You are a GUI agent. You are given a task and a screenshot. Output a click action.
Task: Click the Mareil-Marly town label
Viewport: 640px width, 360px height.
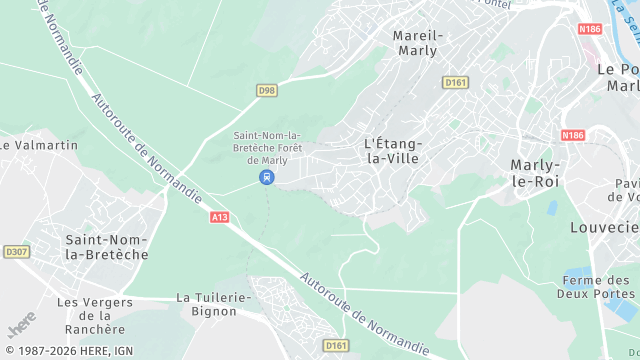click(x=418, y=42)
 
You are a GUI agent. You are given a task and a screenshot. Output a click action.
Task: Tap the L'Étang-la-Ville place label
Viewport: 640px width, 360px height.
click(x=394, y=150)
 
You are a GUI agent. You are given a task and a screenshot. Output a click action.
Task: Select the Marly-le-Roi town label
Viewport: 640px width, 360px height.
click(x=535, y=173)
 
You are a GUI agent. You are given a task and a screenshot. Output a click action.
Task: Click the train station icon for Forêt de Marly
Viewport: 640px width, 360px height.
click(x=266, y=177)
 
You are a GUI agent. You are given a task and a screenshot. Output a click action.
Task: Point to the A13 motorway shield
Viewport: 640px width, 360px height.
click(x=220, y=216)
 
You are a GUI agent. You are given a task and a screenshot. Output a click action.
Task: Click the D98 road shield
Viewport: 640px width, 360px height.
click(x=266, y=91)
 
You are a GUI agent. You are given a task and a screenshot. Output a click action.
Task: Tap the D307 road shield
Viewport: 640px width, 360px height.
click(x=16, y=252)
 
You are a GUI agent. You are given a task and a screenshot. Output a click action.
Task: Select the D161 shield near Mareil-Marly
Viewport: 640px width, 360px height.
click(x=455, y=82)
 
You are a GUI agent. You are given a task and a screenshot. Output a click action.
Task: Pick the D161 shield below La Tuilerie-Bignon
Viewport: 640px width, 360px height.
click(x=337, y=345)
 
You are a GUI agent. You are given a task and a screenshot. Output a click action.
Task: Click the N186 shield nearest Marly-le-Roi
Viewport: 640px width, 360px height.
click(x=572, y=135)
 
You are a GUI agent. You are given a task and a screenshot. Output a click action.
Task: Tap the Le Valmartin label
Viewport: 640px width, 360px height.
click(x=39, y=145)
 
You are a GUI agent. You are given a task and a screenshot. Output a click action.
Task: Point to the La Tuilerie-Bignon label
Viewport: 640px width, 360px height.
click(x=207, y=304)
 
